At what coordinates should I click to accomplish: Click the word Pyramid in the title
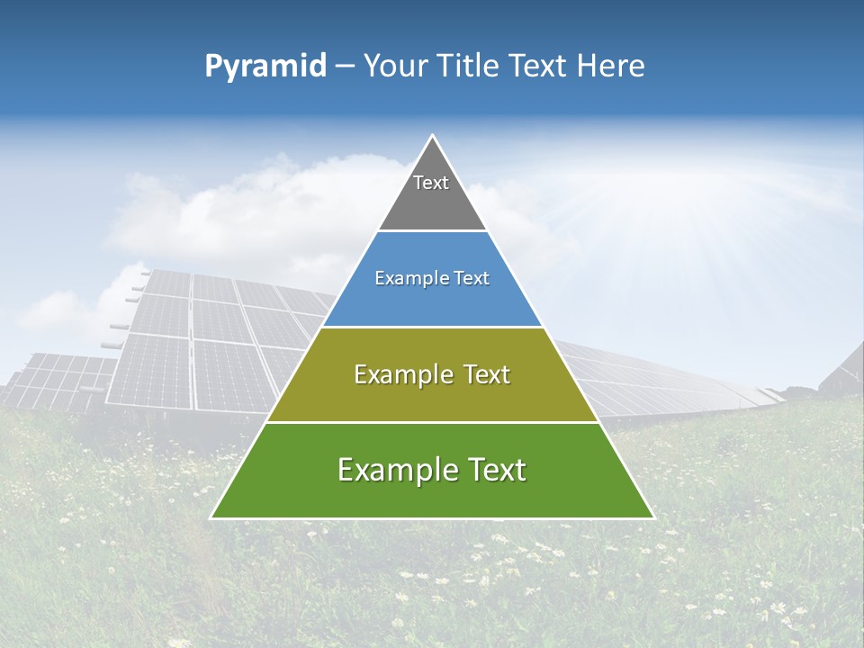265,67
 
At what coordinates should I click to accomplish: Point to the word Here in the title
610,67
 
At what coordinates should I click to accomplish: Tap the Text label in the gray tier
431,183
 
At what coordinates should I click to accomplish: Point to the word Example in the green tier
394,470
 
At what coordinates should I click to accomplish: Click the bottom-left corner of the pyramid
212,517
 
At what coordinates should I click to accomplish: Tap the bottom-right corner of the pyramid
652,517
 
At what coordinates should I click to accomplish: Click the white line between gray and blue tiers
432,231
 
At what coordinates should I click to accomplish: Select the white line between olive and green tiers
432,422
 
